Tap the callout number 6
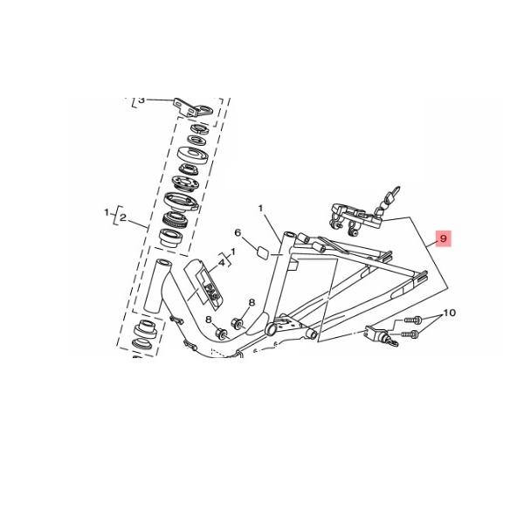pyautogui.click(x=237, y=233)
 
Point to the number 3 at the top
pyautogui.click(x=141, y=100)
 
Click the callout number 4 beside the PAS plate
pyautogui.click(x=221, y=261)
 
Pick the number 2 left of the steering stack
pyautogui.click(x=123, y=217)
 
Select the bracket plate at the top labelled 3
pyautogui.click(x=194, y=107)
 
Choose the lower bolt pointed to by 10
pyautogui.click(x=410, y=333)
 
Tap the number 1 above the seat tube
pyautogui.click(x=260, y=208)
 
